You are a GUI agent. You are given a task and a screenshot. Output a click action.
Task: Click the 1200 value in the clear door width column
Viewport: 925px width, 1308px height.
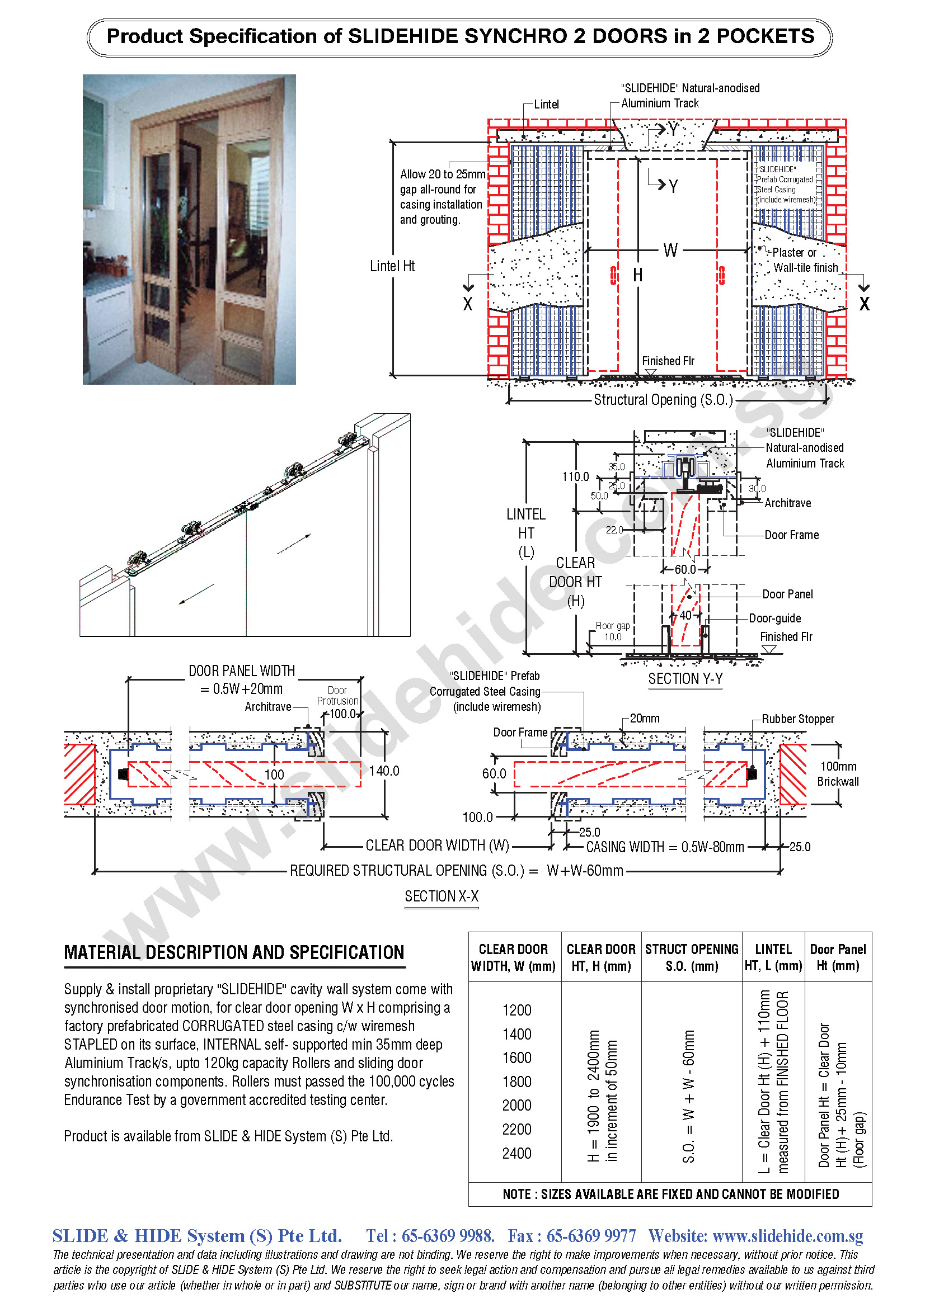[517, 1010]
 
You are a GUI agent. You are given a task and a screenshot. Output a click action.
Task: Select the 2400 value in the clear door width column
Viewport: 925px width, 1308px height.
[517, 1153]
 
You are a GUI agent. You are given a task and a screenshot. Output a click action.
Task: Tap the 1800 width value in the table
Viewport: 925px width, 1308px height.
[517, 1082]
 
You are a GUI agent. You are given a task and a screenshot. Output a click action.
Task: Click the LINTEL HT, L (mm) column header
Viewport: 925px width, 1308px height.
[773, 957]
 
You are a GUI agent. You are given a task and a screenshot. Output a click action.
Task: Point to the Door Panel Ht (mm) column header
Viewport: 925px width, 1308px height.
[837, 957]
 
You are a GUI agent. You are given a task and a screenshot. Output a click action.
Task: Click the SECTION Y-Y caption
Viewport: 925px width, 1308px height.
[685, 678]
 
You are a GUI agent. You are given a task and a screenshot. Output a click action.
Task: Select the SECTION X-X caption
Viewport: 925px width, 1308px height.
[442, 896]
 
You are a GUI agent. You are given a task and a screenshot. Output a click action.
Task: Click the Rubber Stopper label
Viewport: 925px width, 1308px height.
[797, 719]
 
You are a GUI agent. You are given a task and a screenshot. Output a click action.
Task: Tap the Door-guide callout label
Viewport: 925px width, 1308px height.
[774, 618]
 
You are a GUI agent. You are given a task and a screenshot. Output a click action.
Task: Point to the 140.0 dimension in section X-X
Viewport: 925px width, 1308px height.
[384, 771]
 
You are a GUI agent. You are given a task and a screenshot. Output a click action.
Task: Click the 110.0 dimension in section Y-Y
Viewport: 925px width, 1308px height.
[575, 476]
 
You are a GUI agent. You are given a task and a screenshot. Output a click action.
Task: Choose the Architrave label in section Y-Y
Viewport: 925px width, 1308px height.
[788, 503]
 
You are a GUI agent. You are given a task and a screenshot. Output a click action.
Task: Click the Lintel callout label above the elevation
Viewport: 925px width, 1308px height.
[546, 104]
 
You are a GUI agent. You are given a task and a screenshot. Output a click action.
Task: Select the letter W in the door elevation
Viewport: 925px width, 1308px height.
[670, 250]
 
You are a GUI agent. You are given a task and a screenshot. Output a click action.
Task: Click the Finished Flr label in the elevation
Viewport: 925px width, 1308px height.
[668, 361]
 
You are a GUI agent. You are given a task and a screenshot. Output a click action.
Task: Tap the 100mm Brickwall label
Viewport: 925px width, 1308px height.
[838, 773]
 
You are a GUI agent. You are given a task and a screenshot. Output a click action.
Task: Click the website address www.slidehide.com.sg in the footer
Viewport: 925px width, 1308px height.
[788, 1236]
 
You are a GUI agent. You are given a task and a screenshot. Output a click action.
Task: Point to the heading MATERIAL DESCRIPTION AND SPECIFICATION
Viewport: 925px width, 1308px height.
[234, 952]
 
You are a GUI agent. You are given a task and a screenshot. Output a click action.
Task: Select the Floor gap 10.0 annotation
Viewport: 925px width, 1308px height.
[613, 631]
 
